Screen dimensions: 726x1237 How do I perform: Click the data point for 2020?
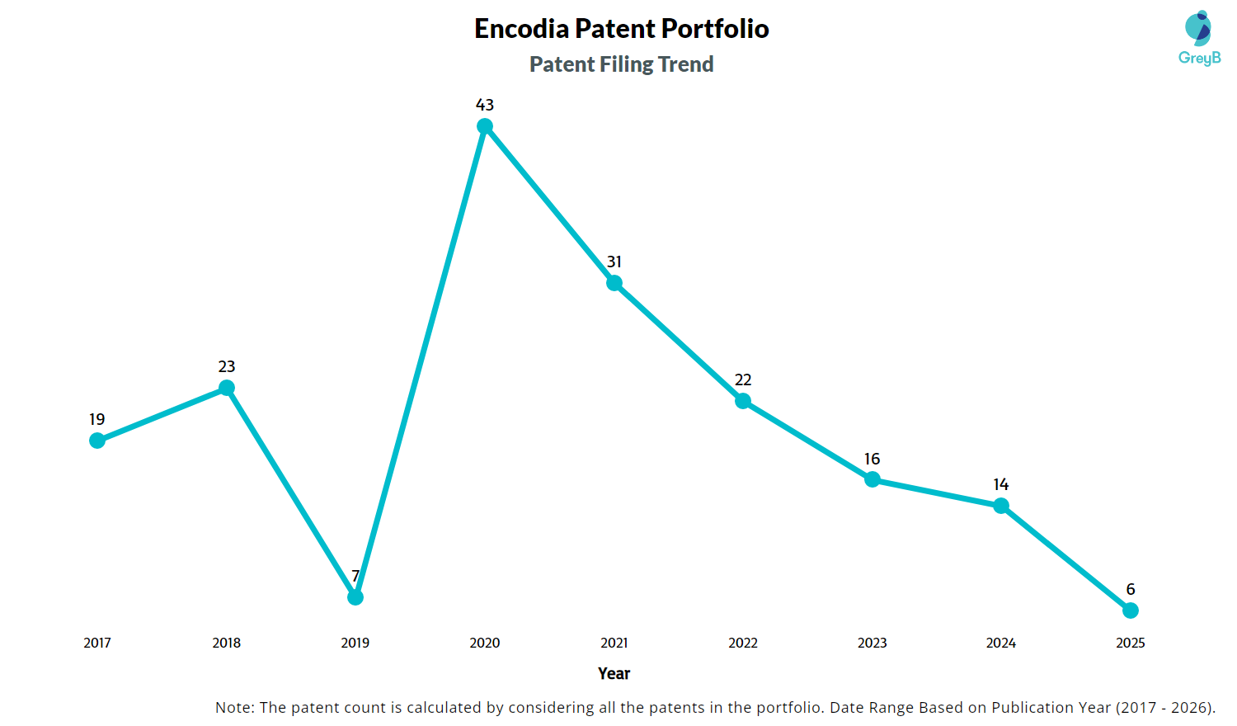coord(485,126)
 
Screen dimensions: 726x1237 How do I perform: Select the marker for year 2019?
coord(355,596)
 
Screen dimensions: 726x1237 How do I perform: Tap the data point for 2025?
coord(1131,610)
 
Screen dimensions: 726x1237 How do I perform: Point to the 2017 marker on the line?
coord(97,441)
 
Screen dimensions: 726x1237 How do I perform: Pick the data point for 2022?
coord(743,401)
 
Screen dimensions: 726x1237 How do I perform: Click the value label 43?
coord(485,105)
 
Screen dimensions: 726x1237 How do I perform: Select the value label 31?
coord(614,262)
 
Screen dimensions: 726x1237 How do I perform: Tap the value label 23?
coord(227,366)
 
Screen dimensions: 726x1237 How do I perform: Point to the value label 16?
coord(872,459)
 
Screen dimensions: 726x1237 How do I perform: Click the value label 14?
coord(1001,484)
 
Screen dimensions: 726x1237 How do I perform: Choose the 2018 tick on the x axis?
coord(227,643)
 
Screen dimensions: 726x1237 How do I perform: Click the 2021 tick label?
coord(614,643)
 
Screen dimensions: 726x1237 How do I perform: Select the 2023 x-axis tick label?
coord(872,643)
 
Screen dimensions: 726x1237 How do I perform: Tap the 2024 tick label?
coord(1001,643)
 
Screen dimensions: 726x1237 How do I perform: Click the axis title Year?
coord(614,673)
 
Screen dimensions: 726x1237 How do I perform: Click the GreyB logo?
coord(1199,38)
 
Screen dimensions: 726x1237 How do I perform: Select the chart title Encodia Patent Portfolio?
coord(622,29)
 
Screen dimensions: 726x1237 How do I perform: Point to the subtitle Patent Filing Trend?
coord(622,64)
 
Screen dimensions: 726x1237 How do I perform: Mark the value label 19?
coord(97,419)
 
